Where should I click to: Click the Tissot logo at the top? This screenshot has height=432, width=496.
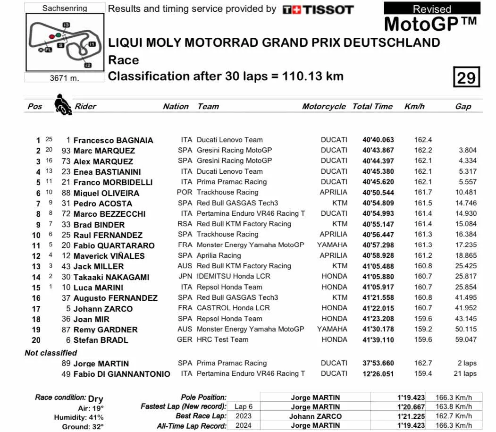(318, 9)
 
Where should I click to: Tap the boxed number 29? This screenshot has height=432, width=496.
(466, 77)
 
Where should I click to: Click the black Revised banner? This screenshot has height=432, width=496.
(432, 8)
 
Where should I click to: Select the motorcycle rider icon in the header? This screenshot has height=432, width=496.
(61, 105)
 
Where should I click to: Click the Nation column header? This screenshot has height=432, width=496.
(176, 107)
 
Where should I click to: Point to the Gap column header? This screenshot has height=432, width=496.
(463, 107)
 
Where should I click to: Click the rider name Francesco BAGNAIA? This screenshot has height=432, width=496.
(113, 140)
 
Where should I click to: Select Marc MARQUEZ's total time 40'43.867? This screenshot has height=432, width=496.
(378, 151)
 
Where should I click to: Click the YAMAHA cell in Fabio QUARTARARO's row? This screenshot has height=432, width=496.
(332, 245)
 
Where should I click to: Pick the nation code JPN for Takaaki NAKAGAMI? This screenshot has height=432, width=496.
(185, 277)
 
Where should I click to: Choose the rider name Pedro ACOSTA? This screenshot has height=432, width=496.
(103, 203)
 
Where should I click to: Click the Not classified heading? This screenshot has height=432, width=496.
(50, 353)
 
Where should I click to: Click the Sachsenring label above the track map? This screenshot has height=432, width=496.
(64, 8)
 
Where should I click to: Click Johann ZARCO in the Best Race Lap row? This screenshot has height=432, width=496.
(315, 416)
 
